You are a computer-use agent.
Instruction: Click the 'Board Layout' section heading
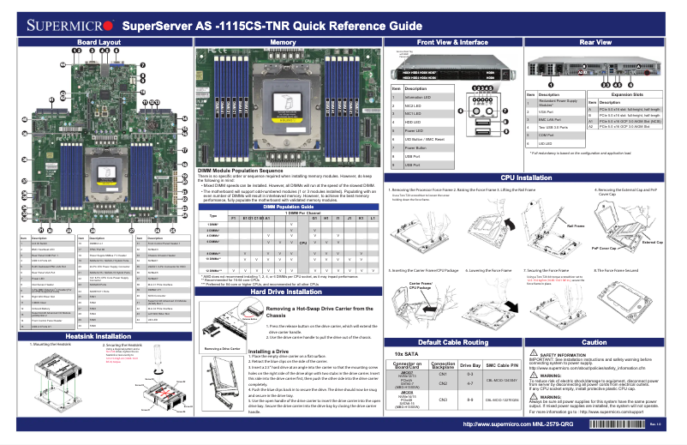point(99,41)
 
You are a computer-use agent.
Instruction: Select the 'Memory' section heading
point(283,41)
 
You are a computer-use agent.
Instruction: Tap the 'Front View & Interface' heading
point(452,41)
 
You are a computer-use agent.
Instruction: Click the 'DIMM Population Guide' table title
point(283,207)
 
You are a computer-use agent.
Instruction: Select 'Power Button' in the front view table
point(415,147)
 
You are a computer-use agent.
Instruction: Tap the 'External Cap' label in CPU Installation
point(653,242)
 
